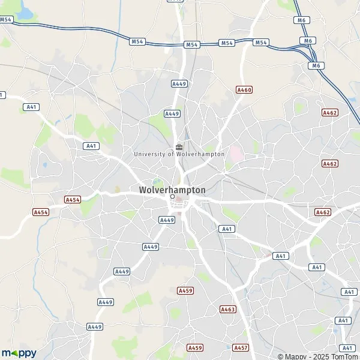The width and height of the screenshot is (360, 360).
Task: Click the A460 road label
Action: pos(244,89)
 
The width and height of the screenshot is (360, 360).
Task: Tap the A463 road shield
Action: pos(228,310)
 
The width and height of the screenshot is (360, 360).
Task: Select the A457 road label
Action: pos(241,347)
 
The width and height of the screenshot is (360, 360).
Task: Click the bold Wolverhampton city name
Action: pos(172,190)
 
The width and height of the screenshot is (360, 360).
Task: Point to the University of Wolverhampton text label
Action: pos(179,154)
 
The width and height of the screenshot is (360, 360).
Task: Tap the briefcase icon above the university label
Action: pos(179,146)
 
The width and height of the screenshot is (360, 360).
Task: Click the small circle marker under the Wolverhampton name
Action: pos(172,197)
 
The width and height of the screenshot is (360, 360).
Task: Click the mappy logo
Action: pos(19,353)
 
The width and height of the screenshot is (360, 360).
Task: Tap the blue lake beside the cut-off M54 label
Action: pos(27,12)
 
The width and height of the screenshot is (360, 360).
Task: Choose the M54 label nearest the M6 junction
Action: pos(261,43)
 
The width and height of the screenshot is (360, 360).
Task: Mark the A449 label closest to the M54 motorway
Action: pos(179,83)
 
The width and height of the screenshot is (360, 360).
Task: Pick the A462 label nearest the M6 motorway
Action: pos(330,112)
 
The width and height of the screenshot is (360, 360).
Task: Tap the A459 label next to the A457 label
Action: pos(195,347)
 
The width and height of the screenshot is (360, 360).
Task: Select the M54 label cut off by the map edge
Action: pos(6,20)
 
